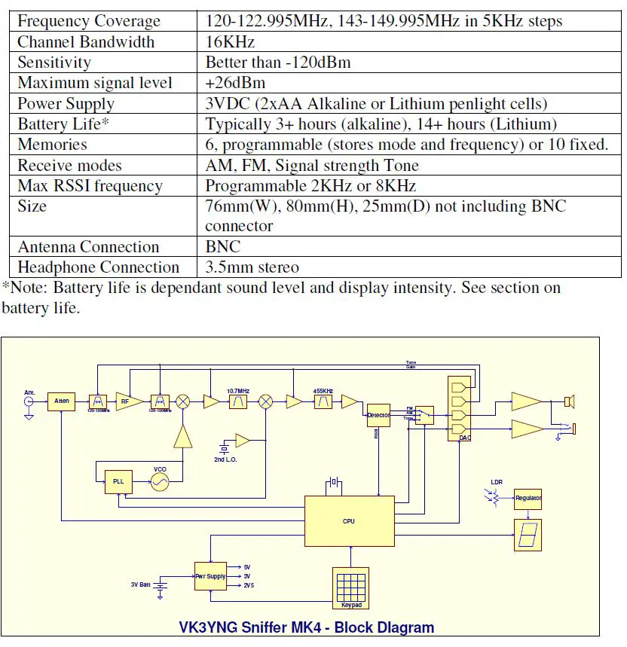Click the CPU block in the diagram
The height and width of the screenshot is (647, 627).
point(348,520)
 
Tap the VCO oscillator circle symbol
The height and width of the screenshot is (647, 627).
point(160,482)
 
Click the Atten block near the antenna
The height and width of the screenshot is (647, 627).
point(61,401)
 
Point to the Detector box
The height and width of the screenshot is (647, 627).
point(378,415)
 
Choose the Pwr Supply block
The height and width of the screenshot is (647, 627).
point(210,575)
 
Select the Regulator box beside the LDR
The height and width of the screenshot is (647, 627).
point(528,499)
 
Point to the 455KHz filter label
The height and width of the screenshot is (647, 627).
point(324,391)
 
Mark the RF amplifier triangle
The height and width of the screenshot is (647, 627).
point(127,401)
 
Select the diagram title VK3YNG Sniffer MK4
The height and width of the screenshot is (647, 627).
point(306,627)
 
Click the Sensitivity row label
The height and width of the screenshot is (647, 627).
point(54,63)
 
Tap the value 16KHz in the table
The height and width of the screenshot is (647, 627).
point(230,42)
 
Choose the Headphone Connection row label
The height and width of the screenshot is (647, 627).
point(98,267)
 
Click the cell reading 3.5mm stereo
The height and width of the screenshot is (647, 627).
point(252,267)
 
